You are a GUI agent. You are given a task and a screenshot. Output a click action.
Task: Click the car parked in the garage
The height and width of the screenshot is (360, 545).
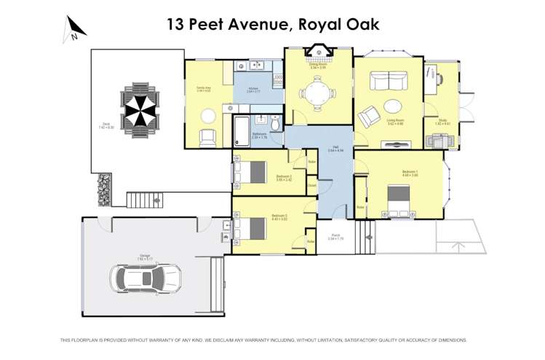click(x=146, y=277)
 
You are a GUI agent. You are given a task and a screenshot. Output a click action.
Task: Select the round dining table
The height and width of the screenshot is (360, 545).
click(x=317, y=94)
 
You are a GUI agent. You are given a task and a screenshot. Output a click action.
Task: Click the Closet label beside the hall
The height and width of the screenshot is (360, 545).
click(x=311, y=185)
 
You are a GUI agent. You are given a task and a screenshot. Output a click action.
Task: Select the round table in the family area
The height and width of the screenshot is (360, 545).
click(x=208, y=114)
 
